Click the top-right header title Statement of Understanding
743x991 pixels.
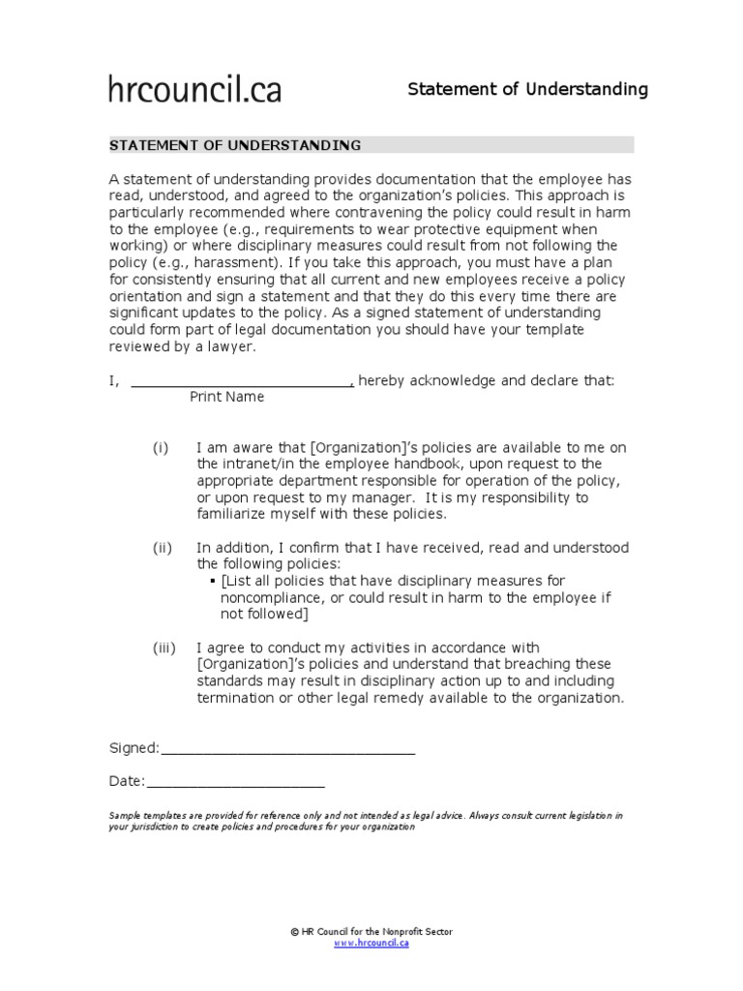point(527,90)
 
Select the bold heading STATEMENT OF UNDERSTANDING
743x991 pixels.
point(235,145)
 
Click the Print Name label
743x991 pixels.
point(226,397)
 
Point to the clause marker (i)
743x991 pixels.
point(161,447)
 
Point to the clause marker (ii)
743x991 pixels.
point(162,548)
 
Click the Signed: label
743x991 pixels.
point(134,748)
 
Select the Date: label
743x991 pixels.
point(126,782)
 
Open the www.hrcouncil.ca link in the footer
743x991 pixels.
point(371,944)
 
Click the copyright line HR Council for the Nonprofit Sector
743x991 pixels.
point(371,931)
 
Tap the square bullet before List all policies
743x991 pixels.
point(213,581)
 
